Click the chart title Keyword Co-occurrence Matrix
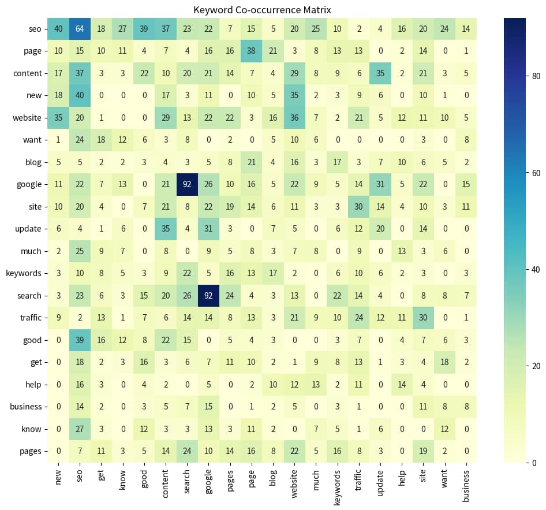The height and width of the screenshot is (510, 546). click(x=262, y=10)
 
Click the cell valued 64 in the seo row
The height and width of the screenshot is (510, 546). click(x=78, y=28)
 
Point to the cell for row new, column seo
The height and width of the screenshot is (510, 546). click(x=78, y=95)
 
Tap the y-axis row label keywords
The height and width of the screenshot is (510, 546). click(x=24, y=273)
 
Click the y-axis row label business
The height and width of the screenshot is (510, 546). click(x=25, y=407)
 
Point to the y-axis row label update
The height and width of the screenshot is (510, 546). click(x=28, y=229)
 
